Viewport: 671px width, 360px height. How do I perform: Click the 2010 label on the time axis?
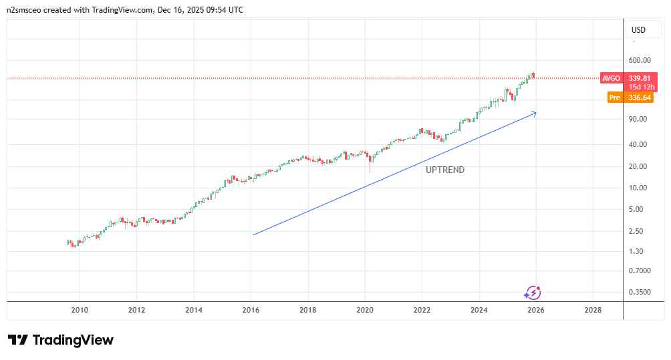tap(80, 310)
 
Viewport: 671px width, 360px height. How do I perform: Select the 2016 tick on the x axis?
tap(251, 310)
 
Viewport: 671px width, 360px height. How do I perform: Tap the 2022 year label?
tap(422, 310)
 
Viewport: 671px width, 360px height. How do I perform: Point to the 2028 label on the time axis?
tap(592, 310)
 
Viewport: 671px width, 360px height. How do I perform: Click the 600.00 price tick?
tap(640, 60)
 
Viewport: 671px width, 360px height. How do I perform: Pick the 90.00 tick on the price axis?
tap(639, 120)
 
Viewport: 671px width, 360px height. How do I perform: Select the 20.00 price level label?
tap(639, 166)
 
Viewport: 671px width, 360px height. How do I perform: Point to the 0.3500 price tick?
tap(639, 293)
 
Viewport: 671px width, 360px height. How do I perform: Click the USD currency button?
tap(638, 30)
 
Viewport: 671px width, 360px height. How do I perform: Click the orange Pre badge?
tap(614, 98)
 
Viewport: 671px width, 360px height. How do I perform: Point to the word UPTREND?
tap(445, 170)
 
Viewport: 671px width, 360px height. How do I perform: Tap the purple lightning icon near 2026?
tap(533, 293)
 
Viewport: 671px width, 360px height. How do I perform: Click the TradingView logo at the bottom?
tap(61, 340)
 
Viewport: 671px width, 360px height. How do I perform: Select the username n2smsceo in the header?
tap(27, 10)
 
